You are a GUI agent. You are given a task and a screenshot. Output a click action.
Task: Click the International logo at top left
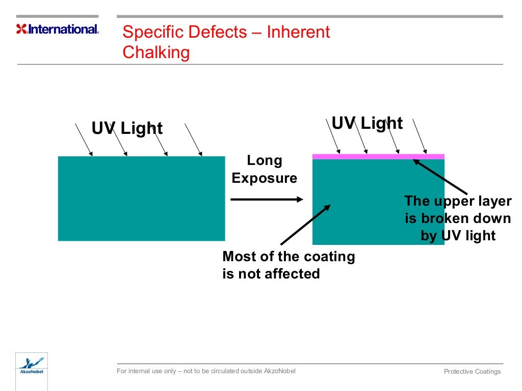(x=58, y=29)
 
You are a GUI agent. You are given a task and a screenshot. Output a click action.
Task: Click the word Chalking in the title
(x=156, y=52)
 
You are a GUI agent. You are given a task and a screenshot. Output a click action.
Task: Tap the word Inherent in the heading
(x=298, y=32)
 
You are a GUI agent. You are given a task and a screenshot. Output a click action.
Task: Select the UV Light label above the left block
(x=127, y=128)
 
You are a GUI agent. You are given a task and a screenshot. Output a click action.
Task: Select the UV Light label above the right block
(x=367, y=123)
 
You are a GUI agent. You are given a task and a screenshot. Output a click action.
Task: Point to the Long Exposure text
(x=264, y=170)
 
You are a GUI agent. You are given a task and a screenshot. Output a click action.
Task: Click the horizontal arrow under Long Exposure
(x=267, y=200)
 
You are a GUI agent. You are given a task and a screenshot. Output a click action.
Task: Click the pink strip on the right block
(x=378, y=156)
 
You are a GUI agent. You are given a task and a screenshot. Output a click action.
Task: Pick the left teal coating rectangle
(x=141, y=199)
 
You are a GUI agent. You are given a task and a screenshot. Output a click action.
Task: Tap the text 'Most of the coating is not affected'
(x=288, y=265)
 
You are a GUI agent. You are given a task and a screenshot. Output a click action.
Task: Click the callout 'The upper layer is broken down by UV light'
(x=458, y=218)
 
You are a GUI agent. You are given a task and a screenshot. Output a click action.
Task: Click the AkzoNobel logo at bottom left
(x=31, y=367)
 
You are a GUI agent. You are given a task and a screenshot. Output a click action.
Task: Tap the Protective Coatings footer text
(x=472, y=371)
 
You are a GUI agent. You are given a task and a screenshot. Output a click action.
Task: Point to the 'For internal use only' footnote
(x=206, y=371)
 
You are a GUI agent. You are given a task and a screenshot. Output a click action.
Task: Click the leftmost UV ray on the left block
(x=84, y=139)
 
